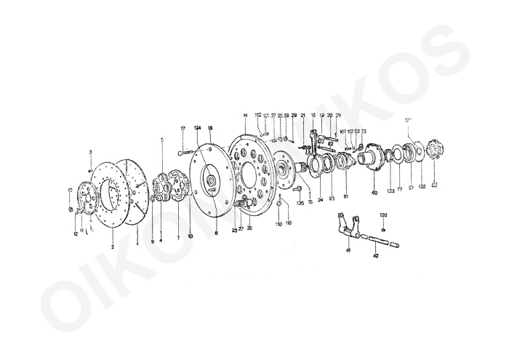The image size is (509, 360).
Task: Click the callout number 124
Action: click(197, 128)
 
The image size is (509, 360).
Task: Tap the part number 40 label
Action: click(374, 192)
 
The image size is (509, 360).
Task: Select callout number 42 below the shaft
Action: click(375, 255)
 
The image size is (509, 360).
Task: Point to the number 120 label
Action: click(384, 215)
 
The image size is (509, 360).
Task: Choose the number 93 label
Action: click(332, 198)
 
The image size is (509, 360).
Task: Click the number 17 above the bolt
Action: click(183, 128)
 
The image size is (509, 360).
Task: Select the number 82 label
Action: click(330, 144)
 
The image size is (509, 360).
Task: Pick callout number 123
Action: click(390, 191)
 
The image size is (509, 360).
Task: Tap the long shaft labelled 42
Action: click(378, 242)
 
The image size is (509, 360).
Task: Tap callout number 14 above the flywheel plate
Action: click(246, 116)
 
